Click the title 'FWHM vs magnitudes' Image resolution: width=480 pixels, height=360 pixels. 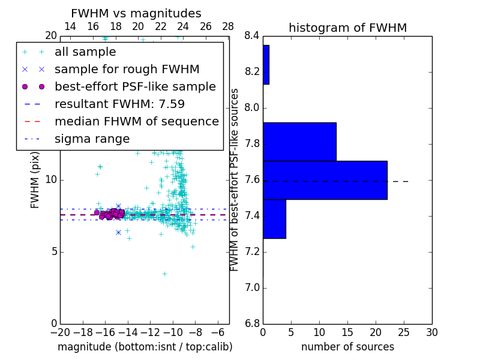click(136, 14)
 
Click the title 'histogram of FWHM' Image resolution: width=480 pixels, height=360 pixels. click(347, 28)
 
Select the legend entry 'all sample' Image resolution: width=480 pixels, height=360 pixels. click(85, 52)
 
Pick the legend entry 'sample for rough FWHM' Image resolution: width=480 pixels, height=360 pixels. click(127, 70)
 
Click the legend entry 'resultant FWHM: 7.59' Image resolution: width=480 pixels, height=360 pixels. click(119, 104)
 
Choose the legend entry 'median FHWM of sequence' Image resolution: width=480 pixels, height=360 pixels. click(136, 122)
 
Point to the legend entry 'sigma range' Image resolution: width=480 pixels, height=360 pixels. click(92, 139)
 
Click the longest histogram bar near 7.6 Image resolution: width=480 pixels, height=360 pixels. click(325, 180)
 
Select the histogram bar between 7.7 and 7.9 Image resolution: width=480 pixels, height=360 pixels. click(299, 142)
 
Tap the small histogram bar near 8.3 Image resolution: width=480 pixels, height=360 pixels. click(266, 65)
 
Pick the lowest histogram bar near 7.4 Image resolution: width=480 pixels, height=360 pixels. click(274, 219)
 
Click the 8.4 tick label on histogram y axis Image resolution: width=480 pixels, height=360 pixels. click(252, 36)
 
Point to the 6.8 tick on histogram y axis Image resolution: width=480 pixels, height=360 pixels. click(252, 324)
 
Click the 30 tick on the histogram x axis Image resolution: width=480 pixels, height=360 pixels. click(431, 332)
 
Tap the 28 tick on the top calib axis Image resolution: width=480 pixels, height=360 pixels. click(228, 26)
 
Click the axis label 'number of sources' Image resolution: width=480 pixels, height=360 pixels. click(347, 347)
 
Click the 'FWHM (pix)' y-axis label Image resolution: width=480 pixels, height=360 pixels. click(35, 180)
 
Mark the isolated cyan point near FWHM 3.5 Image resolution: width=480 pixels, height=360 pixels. click(164, 274)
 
